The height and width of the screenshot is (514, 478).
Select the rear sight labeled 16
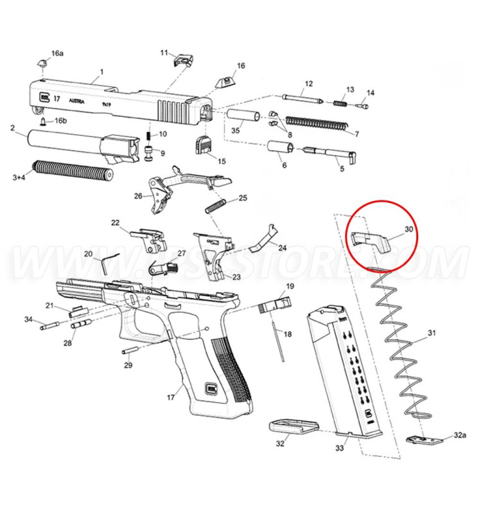227,84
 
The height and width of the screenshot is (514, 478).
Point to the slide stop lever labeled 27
159,265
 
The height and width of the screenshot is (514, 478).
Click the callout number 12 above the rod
308,84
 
